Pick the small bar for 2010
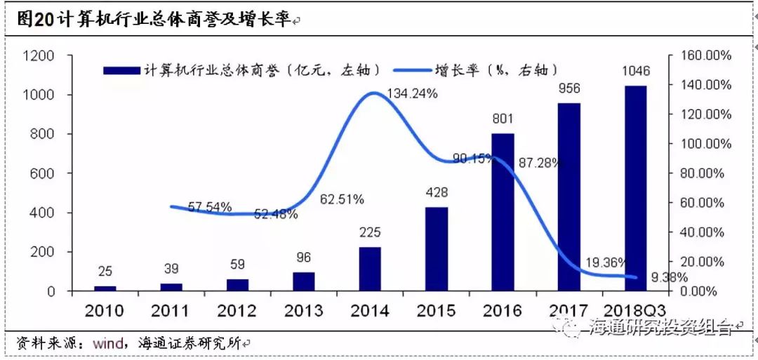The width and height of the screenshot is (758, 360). click(x=105, y=288)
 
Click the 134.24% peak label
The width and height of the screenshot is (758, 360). click(x=413, y=93)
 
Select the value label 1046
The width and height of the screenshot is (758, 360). click(x=636, y=71)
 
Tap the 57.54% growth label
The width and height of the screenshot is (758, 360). click(x=211, y=207)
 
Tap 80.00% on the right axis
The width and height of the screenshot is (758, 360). click(x=709, y=173)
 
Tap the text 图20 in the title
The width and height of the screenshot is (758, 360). click(x=34, y=20)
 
